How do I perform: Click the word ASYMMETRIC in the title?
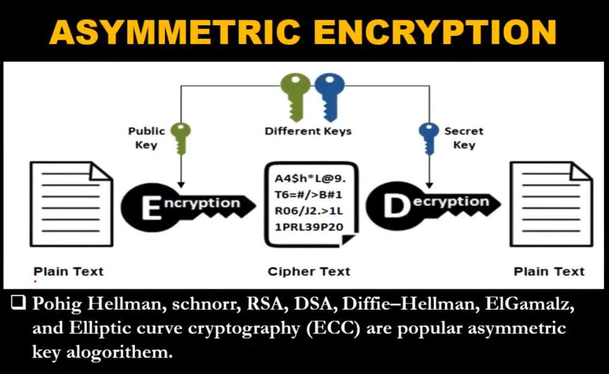coord(175,32)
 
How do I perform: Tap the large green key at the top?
coord(296,96)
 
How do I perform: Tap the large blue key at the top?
coord(330,96)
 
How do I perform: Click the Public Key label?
coord(146,138)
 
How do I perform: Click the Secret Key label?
coord(464,138)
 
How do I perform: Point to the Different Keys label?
coord(308,131)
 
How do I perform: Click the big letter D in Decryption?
coord(396,206)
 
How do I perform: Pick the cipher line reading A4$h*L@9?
coord(310,178)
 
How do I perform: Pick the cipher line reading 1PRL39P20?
coord(309,227)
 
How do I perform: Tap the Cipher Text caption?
coord(309,272)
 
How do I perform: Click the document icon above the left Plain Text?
coord(71,204)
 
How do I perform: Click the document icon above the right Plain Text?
coord(552,204)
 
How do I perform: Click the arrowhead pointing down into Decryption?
coord(429,185)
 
